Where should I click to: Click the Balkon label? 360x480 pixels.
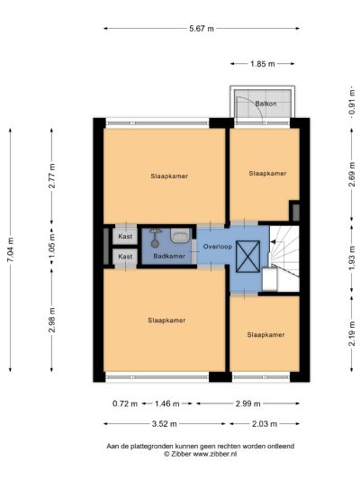point(265,104)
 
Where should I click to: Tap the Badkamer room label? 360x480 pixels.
point(169,257)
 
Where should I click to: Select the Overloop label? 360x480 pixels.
point(218,246)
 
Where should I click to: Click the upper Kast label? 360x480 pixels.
point(125,237)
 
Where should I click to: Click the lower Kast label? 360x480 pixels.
point(125,257)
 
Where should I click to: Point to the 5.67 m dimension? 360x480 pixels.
point(202,29)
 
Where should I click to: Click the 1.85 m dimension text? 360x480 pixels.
point(263,64)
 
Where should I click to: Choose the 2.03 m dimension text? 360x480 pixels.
point(263,423)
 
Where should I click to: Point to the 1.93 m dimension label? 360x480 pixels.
point(351,259)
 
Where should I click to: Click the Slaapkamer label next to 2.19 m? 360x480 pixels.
point(265,334)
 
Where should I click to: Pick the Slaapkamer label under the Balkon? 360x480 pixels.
point(267,173)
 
